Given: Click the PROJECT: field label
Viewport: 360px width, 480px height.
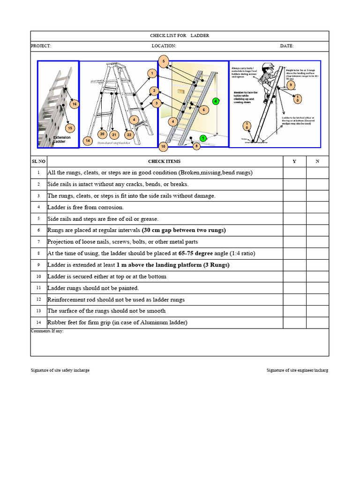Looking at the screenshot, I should pos(41,46).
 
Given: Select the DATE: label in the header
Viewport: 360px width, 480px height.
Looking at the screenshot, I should pos(287,46).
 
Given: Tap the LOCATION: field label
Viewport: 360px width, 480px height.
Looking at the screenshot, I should pos(164,46).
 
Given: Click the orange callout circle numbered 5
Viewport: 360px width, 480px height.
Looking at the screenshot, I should pos(163,61).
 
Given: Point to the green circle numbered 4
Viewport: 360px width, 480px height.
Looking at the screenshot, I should pos(216,101).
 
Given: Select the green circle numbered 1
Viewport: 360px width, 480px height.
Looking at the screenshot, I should pos(203,138).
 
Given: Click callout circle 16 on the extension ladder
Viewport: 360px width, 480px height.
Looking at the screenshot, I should pos(74,104).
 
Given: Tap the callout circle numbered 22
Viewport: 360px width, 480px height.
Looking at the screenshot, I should pos(129,135).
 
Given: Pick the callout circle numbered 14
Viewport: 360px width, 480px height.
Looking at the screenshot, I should pos(87,141).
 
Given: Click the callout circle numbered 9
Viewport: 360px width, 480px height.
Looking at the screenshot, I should pos(291,85).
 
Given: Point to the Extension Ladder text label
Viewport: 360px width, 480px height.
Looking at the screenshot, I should pos(62,139).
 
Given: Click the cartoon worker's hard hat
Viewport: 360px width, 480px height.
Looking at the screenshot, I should pos(268,66).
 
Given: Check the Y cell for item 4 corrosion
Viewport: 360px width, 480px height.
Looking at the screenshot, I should pos(294,207).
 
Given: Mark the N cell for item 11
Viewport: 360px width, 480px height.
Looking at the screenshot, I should pos(317,288).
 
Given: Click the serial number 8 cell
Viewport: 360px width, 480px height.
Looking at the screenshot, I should pos(38,253).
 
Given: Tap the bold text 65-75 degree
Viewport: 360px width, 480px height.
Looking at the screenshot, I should pos(196,253).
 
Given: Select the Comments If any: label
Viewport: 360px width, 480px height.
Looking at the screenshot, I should pos(47,331).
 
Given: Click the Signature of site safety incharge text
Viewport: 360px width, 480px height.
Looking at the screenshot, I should pos(60,370).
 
